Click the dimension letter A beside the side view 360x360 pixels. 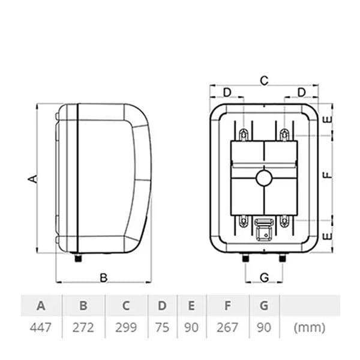pos(34,178)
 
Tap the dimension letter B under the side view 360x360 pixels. pos(103,277)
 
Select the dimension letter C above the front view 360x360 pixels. pos(263,79)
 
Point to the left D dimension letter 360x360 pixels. pos(227,92)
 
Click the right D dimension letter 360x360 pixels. pos(301,92)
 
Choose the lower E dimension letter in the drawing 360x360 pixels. pos(326,236)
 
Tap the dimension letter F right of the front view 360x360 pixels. pos(326,176)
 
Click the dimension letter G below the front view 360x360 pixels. pos(263,277)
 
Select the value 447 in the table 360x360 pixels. pos(41,328)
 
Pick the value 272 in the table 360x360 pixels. pos(83,328)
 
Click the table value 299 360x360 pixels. pos(126,328)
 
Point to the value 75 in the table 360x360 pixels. pos(162,328)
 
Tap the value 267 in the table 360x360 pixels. pos(227,328)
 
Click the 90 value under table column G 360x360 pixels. pos(264,328)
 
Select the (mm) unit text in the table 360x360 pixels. pos(310,328)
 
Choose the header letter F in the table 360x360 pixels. pos(227,305)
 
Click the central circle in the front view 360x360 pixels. pos(263,178)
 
